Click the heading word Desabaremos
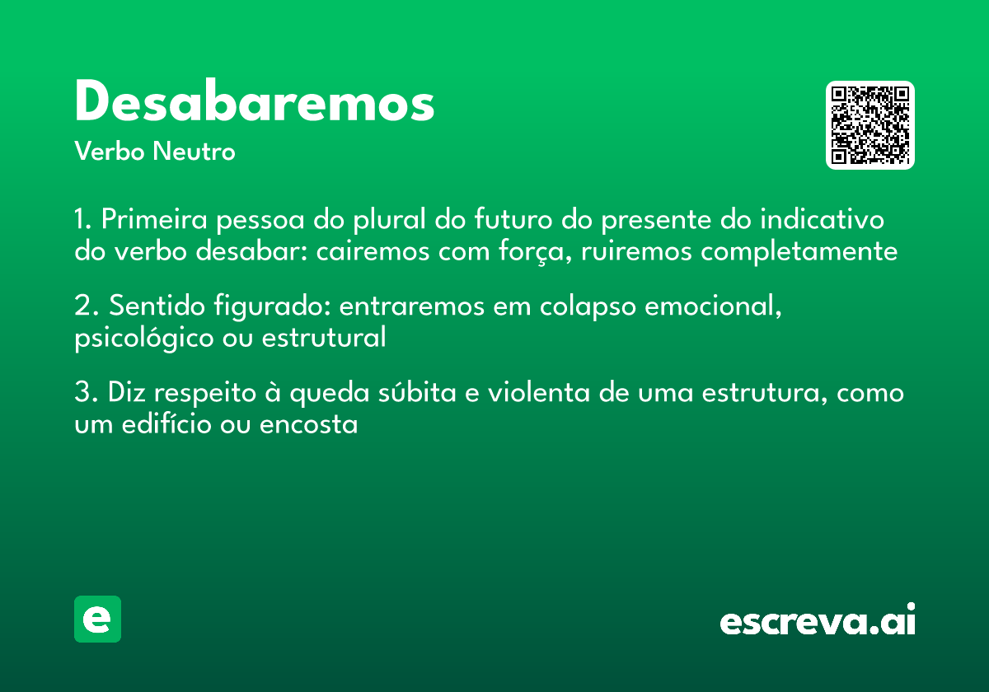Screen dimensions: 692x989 (x=254, y=103)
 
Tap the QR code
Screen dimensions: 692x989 (x=870, y=125)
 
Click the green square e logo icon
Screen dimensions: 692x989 (x=97, y=619)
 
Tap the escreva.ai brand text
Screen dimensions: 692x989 (x=818, y=621)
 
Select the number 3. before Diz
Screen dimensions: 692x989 (x=86, y=393)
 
